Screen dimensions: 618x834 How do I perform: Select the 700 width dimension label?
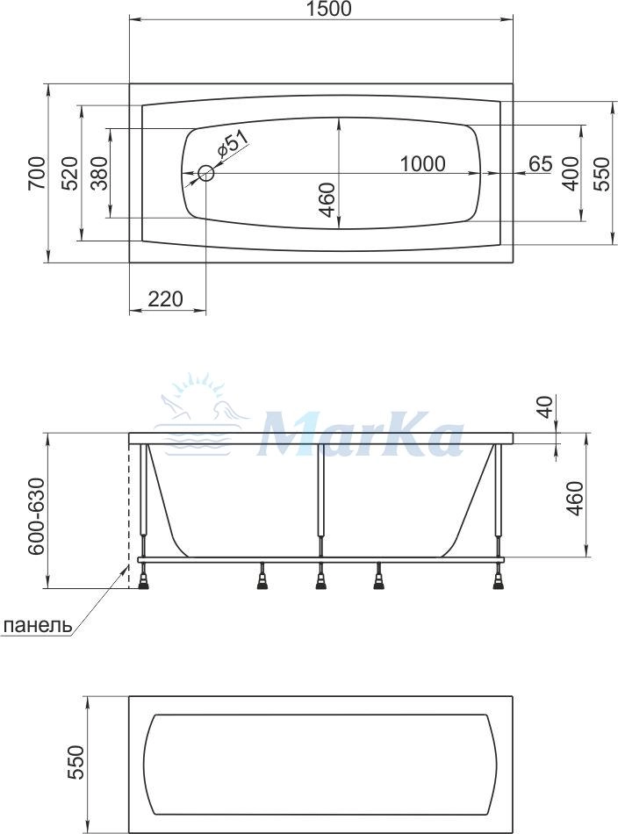pos(37,173)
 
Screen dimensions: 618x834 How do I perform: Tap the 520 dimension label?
pos(69,173)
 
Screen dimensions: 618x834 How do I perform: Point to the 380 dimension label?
pos(99,173)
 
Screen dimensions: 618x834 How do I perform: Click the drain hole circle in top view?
pos(205,173)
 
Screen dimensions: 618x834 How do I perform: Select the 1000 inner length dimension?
pos(422,164)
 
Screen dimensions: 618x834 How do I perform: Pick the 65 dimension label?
pos(541,164)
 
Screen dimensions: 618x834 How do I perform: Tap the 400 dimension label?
pos(571,173)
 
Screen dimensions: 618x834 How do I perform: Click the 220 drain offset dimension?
pos(165,298)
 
